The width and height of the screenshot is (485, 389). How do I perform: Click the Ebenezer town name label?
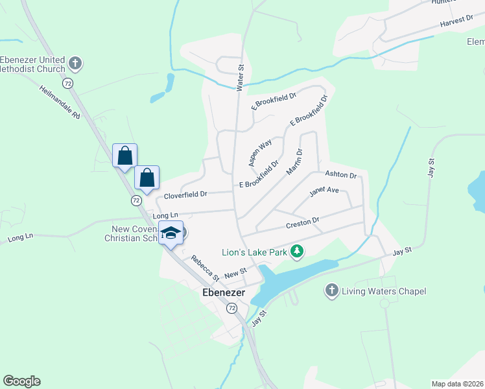coord(222,293)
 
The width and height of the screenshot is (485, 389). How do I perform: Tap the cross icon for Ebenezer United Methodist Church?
coord(75,64)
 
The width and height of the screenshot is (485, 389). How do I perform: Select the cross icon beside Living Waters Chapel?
coord(332,291)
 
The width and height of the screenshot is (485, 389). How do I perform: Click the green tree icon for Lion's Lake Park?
coord(297,250)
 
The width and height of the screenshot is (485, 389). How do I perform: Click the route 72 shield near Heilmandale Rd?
coord(67,84)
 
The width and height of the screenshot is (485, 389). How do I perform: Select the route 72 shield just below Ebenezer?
coord(231,309)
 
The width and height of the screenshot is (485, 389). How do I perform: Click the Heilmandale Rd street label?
coord(59,102)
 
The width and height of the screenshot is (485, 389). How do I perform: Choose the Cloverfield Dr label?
coord(185,194)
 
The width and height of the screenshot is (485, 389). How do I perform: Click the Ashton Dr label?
coord(341,175)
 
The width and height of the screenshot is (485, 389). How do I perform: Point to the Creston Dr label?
coord(303,224)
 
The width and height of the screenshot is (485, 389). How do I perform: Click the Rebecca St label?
coord(206,266)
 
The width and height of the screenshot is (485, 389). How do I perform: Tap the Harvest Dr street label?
coord(456,21)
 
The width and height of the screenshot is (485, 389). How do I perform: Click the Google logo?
coord(21,381)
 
